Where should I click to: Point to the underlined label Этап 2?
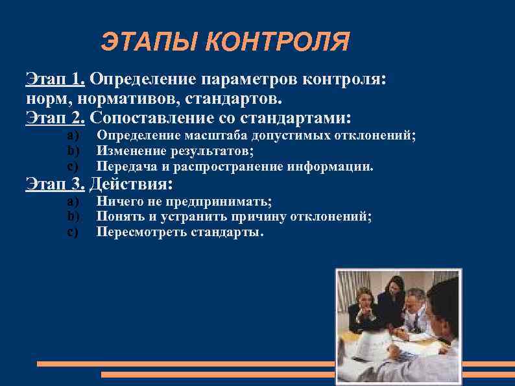coord(55,118)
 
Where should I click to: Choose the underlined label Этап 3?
coord(55,184)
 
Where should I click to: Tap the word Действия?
coord(131,184)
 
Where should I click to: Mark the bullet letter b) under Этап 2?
coord(73,151)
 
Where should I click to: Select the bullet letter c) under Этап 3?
coord(73,232)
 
